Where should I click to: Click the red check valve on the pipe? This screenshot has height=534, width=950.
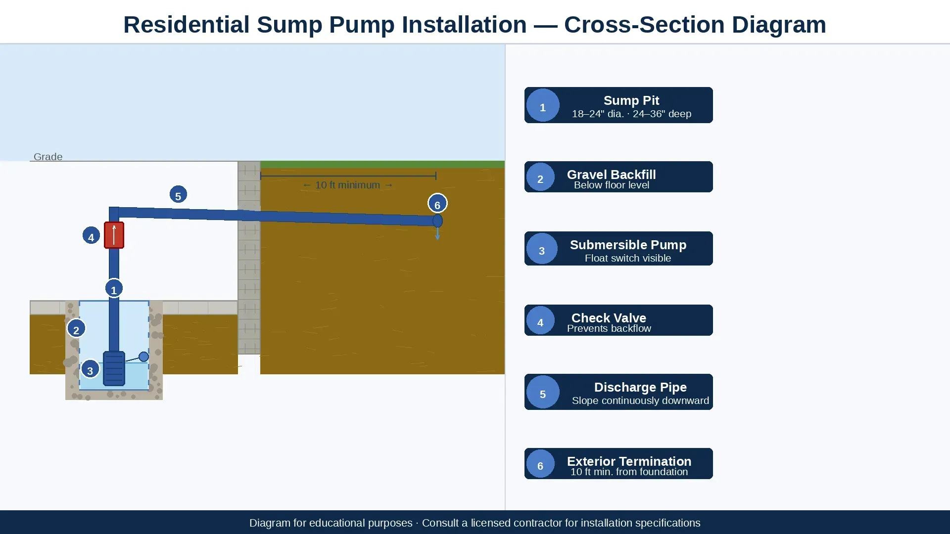114,235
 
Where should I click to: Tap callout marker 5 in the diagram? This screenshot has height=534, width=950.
178,195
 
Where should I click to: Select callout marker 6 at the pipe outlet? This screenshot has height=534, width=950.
437,203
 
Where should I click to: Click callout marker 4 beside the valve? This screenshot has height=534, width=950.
91,236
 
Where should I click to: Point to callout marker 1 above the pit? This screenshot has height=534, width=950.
114,288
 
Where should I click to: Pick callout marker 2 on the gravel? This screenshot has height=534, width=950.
76,329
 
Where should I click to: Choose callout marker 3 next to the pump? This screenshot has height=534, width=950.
90,369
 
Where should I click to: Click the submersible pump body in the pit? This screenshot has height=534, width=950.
114,368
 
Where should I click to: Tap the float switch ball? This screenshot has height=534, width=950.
143,356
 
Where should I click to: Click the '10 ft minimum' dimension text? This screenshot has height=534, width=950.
348,185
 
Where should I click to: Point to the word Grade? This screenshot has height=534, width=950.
48,157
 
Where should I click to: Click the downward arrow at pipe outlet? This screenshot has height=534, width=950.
437,234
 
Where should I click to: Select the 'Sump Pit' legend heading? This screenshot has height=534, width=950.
631,100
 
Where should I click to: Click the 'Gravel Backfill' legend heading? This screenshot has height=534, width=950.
612,175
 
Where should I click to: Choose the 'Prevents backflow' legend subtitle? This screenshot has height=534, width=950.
609,328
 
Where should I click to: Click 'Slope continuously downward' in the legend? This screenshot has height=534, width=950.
640,400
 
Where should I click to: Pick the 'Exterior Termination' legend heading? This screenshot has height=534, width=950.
629,461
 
